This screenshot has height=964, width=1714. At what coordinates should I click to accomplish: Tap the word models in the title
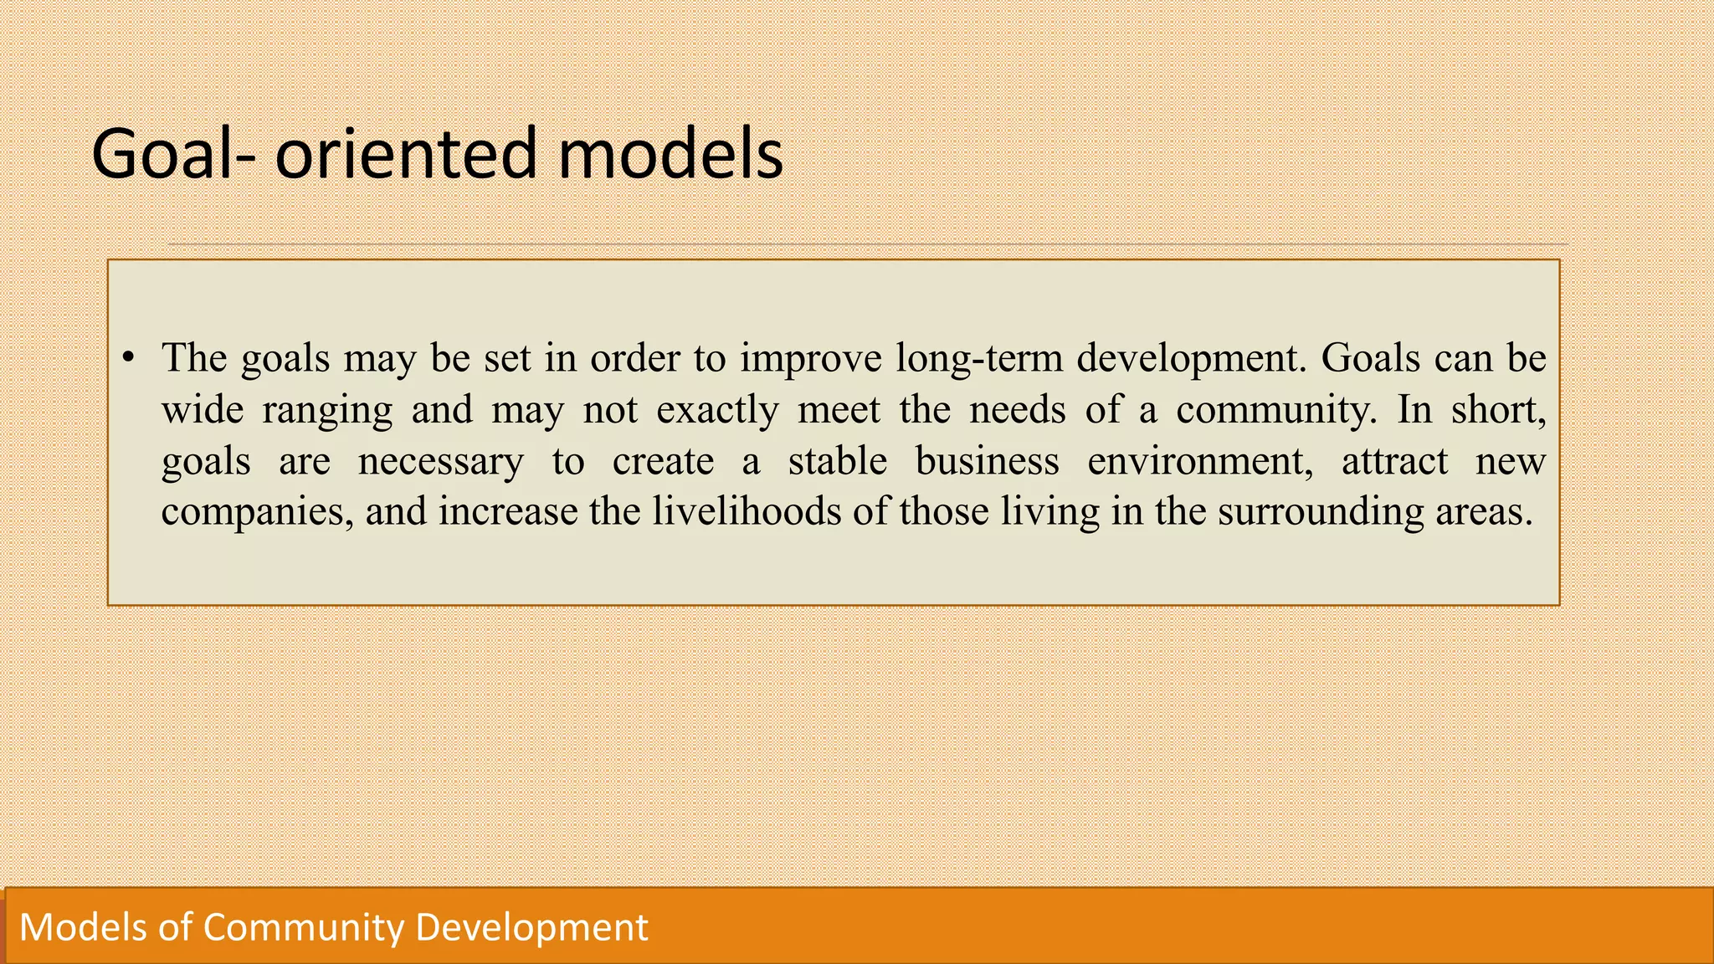[x=670, y=154]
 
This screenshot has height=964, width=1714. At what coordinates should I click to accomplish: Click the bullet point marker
[x=128, y=359]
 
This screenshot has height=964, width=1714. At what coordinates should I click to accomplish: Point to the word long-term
[x=978, y=358]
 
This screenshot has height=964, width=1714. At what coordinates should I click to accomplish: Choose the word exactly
[x=717, y=410]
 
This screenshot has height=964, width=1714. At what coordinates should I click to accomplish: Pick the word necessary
[x=440, y=462]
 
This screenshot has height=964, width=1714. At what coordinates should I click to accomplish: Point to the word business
[x=987, y=460]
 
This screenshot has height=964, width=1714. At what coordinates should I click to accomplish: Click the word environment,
[x=1200, y=462]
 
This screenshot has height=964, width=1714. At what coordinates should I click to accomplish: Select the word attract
[x=1394, y=462]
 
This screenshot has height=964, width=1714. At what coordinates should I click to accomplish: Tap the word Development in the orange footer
[x=531, y=927]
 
